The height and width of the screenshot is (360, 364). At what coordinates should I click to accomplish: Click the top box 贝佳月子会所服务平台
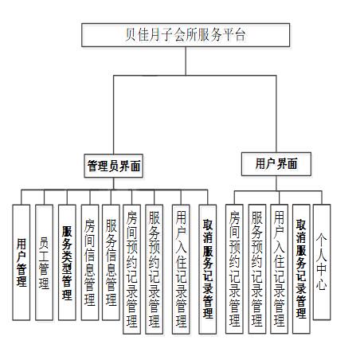(x=186, y=35)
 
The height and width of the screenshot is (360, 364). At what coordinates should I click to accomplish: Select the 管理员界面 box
(x=114, y=166)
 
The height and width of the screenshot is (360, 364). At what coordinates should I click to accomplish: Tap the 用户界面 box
(x=276, y=164)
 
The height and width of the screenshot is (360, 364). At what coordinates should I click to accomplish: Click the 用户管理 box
(x=22, y=262)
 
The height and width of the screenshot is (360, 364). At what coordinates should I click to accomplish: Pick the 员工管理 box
(x=44, y=262)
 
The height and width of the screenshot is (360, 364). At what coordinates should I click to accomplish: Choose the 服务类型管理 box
(x=67, y=262)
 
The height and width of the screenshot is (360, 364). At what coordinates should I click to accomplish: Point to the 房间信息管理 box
(x=90, y=262)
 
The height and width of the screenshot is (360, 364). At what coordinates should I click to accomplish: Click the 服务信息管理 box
(x=111, y=262)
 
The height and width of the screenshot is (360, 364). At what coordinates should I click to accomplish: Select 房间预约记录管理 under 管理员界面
(x=131, y=269)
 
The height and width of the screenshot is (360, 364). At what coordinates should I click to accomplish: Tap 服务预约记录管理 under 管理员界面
(x=155, y=269)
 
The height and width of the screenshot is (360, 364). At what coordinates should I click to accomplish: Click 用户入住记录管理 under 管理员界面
(x=181, y=269)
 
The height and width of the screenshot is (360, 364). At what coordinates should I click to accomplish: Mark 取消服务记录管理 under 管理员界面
(x=208, y=269)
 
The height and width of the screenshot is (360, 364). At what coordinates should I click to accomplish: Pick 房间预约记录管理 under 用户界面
(x=234, y=269)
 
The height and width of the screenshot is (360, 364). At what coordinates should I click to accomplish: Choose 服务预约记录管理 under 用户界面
(x=257, y=269)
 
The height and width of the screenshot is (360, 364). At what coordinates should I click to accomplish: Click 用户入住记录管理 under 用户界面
(x=279, y=269)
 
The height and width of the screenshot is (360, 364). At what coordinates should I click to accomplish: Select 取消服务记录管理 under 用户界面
(x=301, y=269)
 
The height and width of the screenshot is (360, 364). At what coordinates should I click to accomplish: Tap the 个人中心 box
(x=322, y=262)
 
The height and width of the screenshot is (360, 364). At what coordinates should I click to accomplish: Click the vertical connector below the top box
(x=186, y=61)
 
